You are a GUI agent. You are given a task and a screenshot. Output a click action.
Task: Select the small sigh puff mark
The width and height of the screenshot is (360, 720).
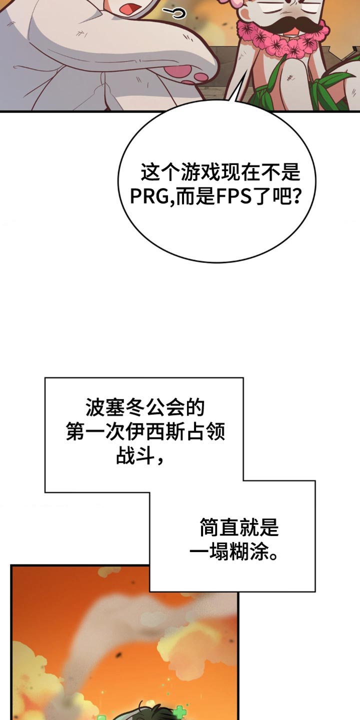174,13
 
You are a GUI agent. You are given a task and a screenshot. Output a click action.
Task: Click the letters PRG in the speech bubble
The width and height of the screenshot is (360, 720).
150,196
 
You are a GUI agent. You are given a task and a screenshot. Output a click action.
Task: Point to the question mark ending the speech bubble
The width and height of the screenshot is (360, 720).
296,196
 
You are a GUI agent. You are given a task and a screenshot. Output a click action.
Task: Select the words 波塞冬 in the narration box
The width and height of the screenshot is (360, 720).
115,407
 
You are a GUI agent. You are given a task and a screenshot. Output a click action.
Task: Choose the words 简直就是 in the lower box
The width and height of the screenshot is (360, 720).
239,527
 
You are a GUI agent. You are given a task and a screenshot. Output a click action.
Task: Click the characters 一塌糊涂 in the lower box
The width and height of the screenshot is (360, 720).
229,551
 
